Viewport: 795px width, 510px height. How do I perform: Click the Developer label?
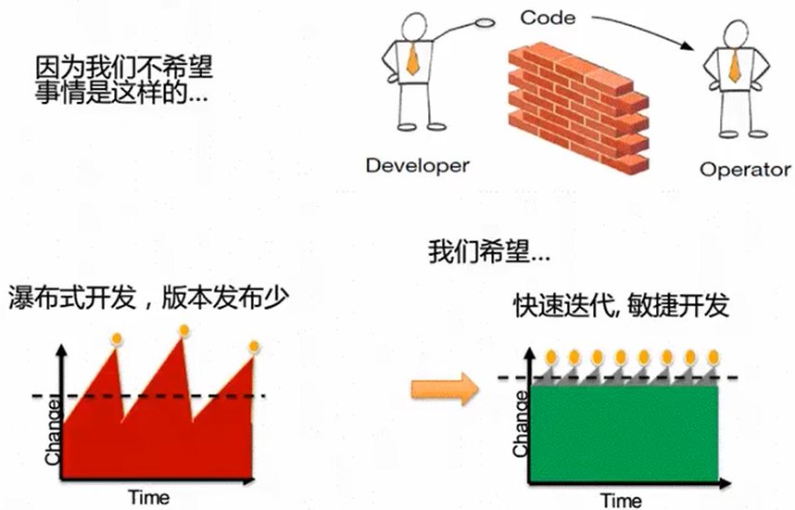417,167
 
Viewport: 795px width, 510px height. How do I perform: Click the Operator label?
745,170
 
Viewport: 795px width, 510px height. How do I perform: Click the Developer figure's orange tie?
412,60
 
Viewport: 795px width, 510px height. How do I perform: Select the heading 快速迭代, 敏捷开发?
622,306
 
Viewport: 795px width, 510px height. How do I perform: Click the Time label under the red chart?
149,497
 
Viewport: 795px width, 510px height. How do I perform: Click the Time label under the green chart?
620,500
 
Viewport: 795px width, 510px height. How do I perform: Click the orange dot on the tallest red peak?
184,330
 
